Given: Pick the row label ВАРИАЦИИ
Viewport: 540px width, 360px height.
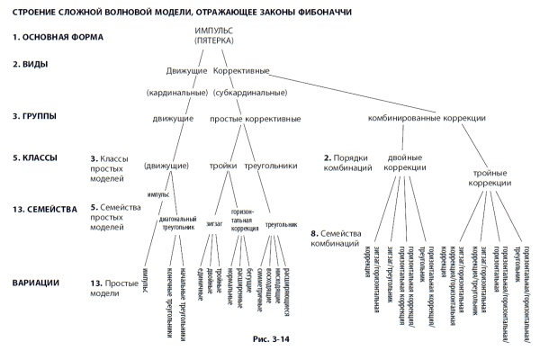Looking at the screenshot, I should [37, 283].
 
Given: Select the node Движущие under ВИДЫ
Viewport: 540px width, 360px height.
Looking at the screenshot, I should [187, 71].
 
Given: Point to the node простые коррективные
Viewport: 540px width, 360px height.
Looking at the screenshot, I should [255, 118].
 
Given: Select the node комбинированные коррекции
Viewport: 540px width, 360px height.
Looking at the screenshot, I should [427, 118].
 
